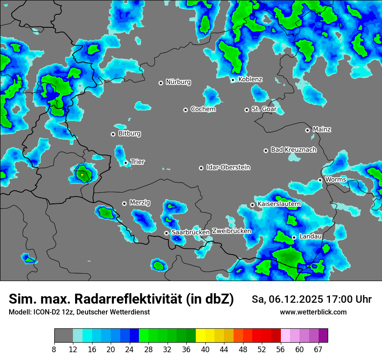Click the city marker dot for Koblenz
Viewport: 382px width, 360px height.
point(233,80)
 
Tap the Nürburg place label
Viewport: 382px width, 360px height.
point(178,82)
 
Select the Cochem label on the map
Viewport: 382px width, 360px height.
point(203,109)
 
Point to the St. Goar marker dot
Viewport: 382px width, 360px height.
point(247,110)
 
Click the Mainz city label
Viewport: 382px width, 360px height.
point(322,129)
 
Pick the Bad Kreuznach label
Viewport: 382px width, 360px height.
point(293,150)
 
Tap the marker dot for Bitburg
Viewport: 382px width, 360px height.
point(113,134)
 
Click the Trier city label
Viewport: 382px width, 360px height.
point(138,162)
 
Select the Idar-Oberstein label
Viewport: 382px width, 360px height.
point(228,167)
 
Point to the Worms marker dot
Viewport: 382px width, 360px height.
point(320,180)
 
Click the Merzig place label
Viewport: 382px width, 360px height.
point(140,203)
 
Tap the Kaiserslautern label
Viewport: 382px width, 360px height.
point(279,204)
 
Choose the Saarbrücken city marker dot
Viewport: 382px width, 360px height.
point(166,233)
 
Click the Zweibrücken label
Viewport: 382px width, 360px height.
point(231,231)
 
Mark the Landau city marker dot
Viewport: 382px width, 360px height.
point(294,237)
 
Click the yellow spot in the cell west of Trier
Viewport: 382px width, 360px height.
point(82,175)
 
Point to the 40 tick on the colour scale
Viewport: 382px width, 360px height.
point(205,349)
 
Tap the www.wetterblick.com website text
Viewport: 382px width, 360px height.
point(313,312)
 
